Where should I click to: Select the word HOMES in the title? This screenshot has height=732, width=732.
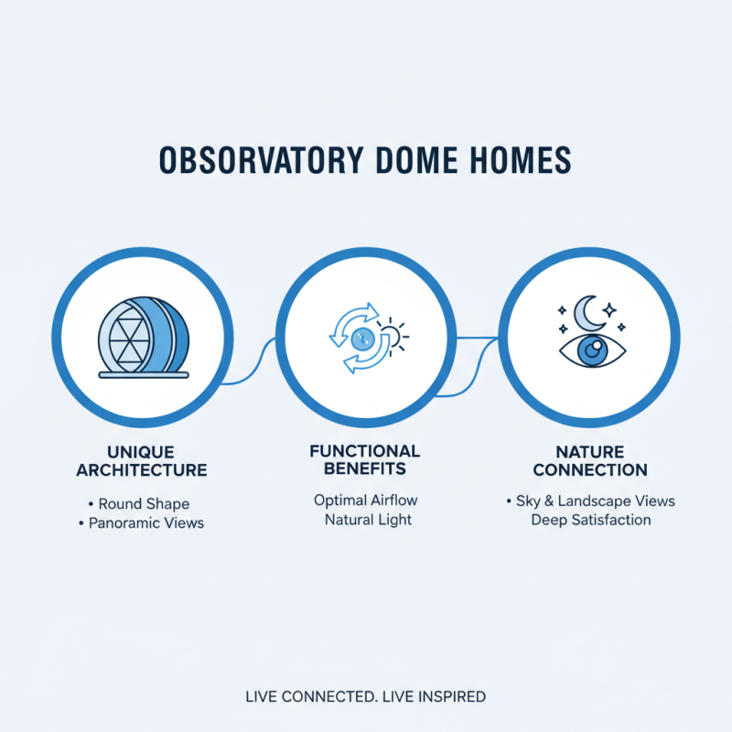coord(519,160)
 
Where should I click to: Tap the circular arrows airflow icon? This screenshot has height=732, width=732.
coord(359,339)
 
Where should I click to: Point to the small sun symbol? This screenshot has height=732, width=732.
coord(393,335)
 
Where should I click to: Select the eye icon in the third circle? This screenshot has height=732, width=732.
coord(590,351)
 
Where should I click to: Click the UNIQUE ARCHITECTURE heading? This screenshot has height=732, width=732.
coord(142,462)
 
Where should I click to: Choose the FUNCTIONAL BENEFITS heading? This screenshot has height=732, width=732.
coord(365,460)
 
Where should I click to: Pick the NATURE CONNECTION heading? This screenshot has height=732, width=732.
coord(590,461)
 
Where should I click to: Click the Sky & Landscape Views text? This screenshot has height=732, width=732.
coord(590,501)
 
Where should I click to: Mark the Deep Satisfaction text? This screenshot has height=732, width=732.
coord(591,520)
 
